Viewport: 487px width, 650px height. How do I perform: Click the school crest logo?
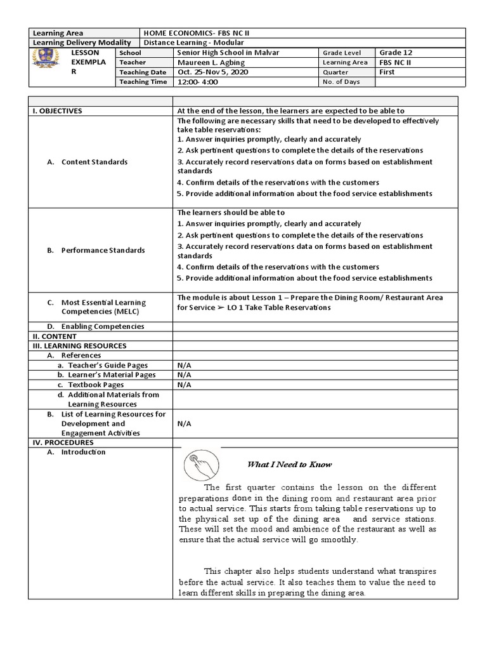coord(46,62)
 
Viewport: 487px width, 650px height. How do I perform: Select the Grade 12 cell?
coord(395,53)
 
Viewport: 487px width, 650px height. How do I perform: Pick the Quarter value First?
coord(387,72)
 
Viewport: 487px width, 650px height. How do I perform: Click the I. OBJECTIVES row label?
coord(57,110)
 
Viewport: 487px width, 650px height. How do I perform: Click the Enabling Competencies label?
coord(103,326)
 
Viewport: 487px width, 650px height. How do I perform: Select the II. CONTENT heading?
coord(55,336)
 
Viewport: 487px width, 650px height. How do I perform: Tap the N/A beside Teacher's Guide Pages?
coord(185,366)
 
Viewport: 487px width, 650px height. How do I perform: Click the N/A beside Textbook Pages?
coord(185,385)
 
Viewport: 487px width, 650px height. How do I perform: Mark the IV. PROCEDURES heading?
coord(63,442)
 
